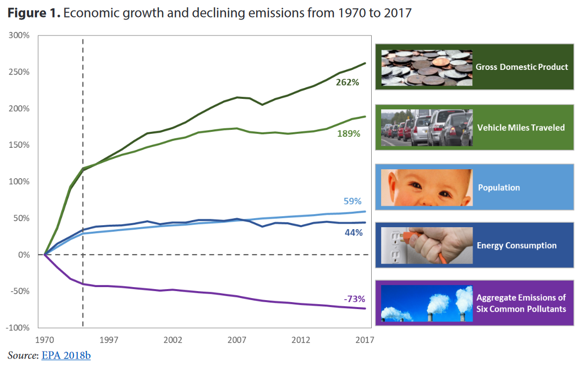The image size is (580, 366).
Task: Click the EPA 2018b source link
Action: tap(66, 356)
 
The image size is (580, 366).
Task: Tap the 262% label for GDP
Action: tap(347, 82)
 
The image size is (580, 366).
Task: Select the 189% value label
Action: tap(347, 133)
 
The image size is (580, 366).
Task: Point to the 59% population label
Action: tap(353, 201)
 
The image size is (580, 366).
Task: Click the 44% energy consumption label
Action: tap(353, 232)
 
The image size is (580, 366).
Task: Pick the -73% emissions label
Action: tap(354, 299)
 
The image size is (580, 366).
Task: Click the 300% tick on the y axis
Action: tap(19, 35)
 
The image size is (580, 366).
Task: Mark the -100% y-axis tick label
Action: tap(17, 328)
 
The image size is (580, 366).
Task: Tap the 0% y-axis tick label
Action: tap(24, 255)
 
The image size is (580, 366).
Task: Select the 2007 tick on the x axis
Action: tap(237, 340)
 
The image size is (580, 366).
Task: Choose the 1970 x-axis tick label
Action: tap(45, 340)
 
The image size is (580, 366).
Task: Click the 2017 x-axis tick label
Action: tap(365, 340)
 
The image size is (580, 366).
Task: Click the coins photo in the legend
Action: tap(426, 67)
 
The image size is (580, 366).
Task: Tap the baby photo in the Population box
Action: tap(426, 187)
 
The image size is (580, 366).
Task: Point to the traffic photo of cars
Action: tap(426, 127)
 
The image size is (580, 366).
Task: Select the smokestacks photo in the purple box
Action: tap(426, 303)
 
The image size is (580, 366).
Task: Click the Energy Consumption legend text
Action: tap(517, 246)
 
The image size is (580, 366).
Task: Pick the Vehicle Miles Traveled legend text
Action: tap(521, 128)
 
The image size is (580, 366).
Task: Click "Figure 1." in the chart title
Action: tap(33, 13)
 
